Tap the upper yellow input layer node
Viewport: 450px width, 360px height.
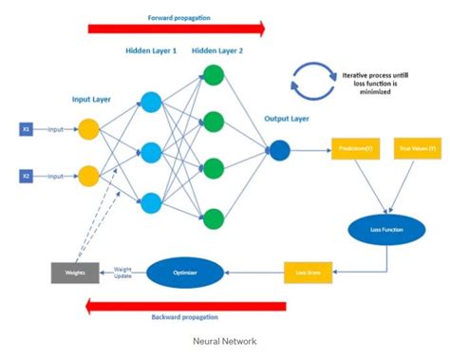(x=88, y=128)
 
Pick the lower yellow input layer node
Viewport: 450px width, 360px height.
(x=88, y=176)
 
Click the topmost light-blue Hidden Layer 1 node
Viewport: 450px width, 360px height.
(x=150, y=103)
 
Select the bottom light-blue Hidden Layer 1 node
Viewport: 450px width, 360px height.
(x=150, y=200)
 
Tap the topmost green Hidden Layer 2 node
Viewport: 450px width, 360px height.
(x=215, y=76)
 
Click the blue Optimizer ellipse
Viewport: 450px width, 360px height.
(x=186, y=273)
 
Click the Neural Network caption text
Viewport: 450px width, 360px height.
(x=224, y=340)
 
